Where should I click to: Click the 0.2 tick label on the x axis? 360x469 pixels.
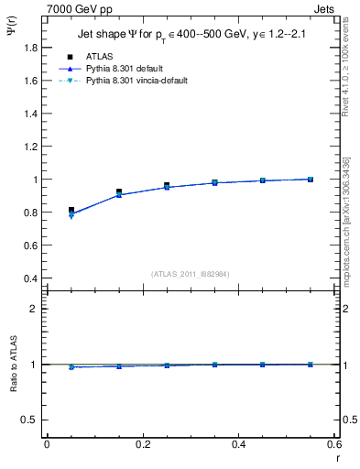coord(142,443)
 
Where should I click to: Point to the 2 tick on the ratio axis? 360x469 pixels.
coord(36,309)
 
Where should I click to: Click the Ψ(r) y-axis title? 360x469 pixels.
coord(11,37)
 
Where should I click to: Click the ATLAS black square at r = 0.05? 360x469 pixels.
coord(71,210)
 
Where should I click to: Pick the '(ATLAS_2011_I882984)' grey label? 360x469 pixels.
coord(191,274)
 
